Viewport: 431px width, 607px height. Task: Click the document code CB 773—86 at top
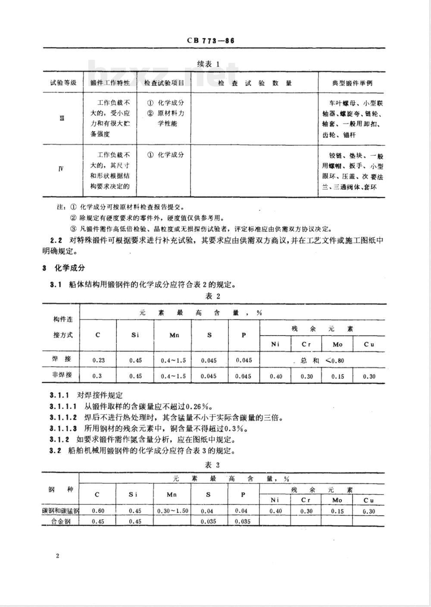(x=210, y=41)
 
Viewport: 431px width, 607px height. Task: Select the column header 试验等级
(x=63, y=83)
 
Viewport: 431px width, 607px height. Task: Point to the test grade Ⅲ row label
(x=62, y=118)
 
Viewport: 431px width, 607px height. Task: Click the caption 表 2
(x=213, y=296)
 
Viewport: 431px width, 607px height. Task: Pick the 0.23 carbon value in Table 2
(x=98, y=360)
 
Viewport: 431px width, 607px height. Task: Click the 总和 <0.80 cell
(x=322, y=361)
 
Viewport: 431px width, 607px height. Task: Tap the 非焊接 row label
(x=62, y=375)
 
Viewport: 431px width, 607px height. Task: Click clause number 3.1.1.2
(x=63, y=417)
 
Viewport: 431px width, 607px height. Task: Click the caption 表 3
(x=212, y=465)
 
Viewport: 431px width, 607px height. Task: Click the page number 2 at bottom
(x=58, y=555)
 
